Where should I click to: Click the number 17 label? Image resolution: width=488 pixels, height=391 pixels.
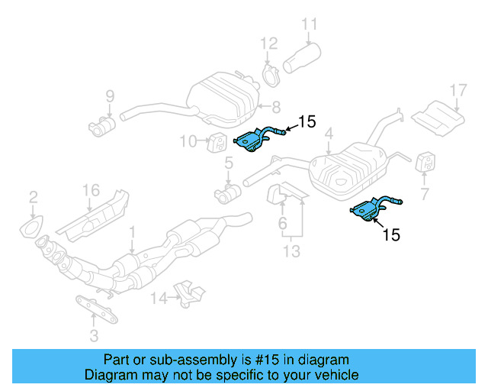pos(457,91)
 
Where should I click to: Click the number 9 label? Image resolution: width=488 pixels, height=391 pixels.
pos(110,96)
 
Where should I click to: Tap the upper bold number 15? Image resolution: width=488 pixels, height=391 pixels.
pos(306,121)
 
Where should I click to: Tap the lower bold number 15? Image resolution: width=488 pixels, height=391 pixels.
pos(390,235)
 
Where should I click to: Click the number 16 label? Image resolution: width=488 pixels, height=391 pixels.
pos(91,190)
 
